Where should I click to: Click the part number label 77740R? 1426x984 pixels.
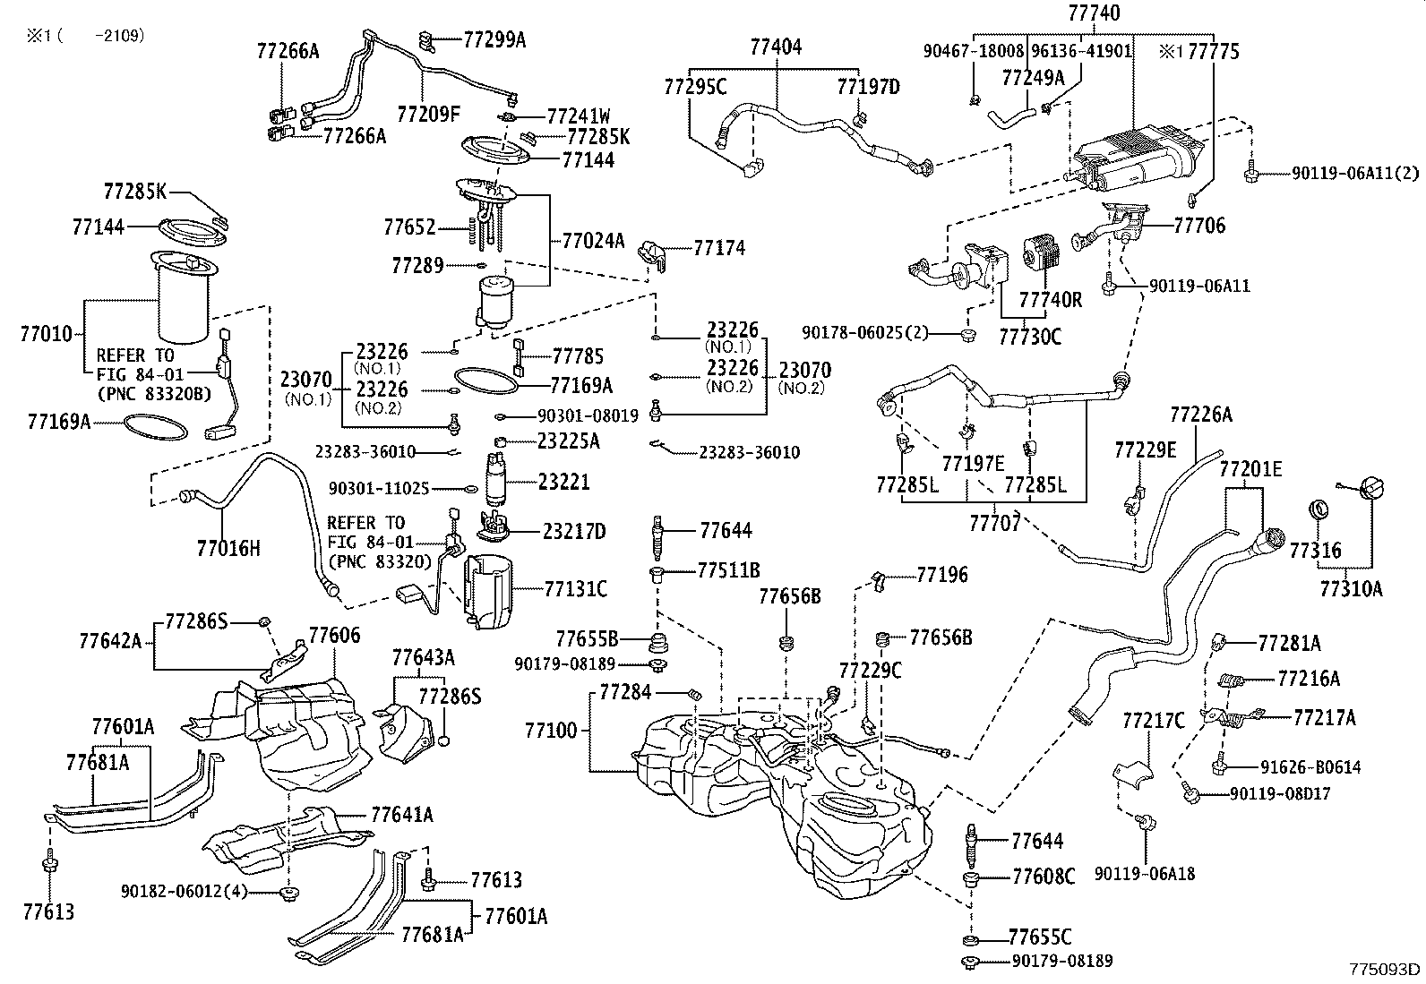(1050, 300)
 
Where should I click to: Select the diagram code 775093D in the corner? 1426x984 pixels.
(1386, 970)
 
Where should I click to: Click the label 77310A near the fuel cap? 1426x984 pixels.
(1351, 588)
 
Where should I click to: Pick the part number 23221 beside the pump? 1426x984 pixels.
(564, 483)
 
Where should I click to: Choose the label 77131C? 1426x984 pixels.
(575, 588)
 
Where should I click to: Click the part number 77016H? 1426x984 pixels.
(228, 547)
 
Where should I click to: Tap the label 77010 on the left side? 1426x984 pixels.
(46, 335)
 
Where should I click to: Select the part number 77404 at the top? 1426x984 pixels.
(776, 47)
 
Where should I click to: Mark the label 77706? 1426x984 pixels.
(1200, 226)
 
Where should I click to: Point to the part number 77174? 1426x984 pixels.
(718, 248)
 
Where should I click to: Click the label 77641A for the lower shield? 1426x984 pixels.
(402, 815)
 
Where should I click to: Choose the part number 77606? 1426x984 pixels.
(334, 636)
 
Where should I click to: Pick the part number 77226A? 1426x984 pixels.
(1200, 415)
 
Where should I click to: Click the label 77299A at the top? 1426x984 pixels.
(494, 39)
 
